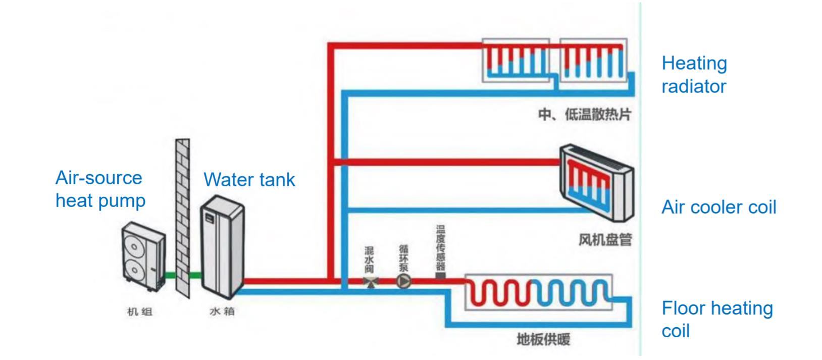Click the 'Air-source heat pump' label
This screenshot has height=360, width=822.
[x=100, y=189]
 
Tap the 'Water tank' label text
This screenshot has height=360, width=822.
[x=249, y=180]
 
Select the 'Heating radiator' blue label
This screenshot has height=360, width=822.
[x=694, y=75]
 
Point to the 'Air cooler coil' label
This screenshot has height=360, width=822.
[x=719, y=208]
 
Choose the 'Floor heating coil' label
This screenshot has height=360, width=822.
[x=717, y=319]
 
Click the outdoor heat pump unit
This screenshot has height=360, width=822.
[x=143, y=256]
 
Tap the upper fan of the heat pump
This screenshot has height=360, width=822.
[x=134, y=246]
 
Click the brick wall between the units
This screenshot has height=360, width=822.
[x=182, y=218]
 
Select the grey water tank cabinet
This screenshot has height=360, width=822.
[x=222, y=247]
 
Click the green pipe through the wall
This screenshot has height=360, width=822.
[x=183, y=275]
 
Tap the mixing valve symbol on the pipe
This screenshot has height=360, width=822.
[x=371, y=282]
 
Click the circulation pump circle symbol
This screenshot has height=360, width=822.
[x=403, y=281]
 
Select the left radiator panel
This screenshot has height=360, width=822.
[x=516, y=60]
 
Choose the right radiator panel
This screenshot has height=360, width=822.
[x=593, y=60]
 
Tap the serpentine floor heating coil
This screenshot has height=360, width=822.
[x=538, y=292]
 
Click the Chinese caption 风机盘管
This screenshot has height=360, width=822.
[x=605, y=240]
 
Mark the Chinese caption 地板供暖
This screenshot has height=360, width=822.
[x=543, y=340]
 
